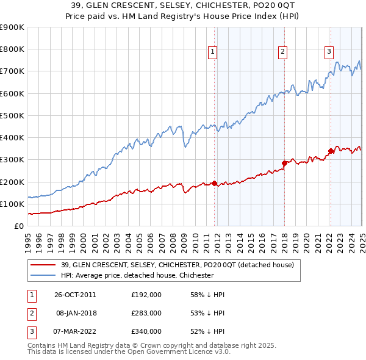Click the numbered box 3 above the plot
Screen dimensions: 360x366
point(329,52)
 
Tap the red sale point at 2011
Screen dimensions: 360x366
point(215,183)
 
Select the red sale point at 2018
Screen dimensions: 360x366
point(284,163)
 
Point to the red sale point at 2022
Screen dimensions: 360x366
point(331,151)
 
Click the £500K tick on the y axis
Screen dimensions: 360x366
point(12,115)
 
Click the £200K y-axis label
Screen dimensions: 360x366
point(12,182)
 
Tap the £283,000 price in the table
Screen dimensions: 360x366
point(146,313)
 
